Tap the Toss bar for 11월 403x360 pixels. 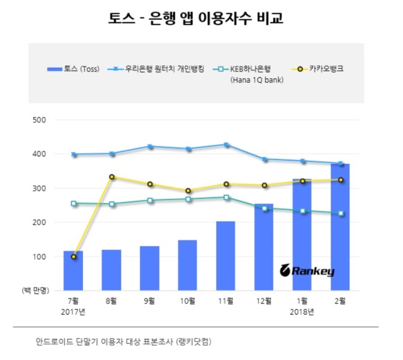tap(226, 256)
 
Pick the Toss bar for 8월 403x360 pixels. tap(112, 270)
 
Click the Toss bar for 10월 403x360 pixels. tap(187, 265)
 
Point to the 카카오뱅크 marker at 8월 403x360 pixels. tap(112, 177)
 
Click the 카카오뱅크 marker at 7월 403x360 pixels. tap(74, 256)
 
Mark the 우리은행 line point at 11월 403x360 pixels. tap(226, 145)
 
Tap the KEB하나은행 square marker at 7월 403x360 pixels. tap(74, 203)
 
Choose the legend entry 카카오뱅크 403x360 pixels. tap(323, 68)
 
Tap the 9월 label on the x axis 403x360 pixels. tap(149, 302)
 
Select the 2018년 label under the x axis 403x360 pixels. tap(302, 312)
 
